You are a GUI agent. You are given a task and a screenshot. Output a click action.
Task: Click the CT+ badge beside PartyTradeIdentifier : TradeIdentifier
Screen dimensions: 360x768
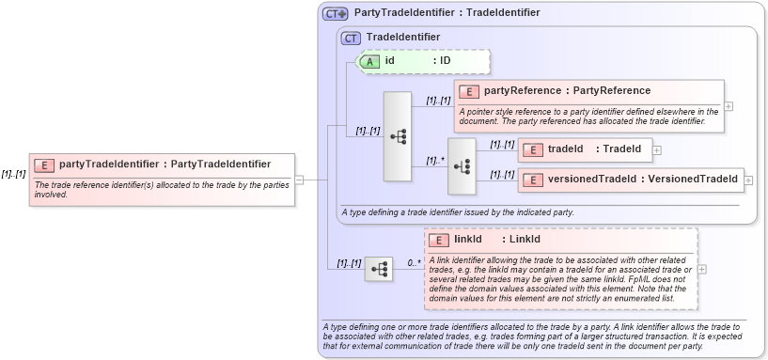335,14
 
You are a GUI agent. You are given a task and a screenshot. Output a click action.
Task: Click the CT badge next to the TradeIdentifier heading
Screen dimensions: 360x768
352,38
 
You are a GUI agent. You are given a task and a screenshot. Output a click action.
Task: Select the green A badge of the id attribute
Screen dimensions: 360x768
370,61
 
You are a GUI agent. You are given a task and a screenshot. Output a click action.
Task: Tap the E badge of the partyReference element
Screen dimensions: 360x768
469,91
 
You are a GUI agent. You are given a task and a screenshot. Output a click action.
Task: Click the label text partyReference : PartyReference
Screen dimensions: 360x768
567,91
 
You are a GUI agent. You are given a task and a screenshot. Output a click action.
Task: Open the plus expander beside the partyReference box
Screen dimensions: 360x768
729,106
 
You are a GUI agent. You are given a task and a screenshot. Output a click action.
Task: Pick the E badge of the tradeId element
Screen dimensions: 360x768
533,149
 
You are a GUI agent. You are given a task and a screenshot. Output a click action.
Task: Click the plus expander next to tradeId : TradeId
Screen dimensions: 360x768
657,149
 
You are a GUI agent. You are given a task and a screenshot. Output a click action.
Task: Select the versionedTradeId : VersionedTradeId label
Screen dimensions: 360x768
643,179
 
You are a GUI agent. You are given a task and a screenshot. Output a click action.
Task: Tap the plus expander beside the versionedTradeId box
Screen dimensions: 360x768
749,179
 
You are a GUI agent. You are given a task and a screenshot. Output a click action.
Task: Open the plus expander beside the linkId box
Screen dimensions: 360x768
702,269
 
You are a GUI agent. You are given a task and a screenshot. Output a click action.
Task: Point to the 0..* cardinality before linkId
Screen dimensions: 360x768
414,262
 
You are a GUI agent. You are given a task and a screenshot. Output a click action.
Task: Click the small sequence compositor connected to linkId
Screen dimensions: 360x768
379,269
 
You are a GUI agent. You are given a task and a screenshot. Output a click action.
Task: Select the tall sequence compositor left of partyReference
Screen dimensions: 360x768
398,136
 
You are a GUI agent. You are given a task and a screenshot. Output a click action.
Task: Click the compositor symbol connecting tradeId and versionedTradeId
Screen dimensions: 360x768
462,165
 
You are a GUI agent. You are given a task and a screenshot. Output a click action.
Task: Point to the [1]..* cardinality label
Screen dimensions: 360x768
434,160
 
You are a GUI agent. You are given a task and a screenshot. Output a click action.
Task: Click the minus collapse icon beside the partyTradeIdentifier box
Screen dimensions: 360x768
299,179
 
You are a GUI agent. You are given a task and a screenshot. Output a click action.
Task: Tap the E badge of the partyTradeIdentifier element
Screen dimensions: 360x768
44,164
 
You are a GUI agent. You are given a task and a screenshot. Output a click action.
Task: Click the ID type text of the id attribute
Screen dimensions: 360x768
446,61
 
